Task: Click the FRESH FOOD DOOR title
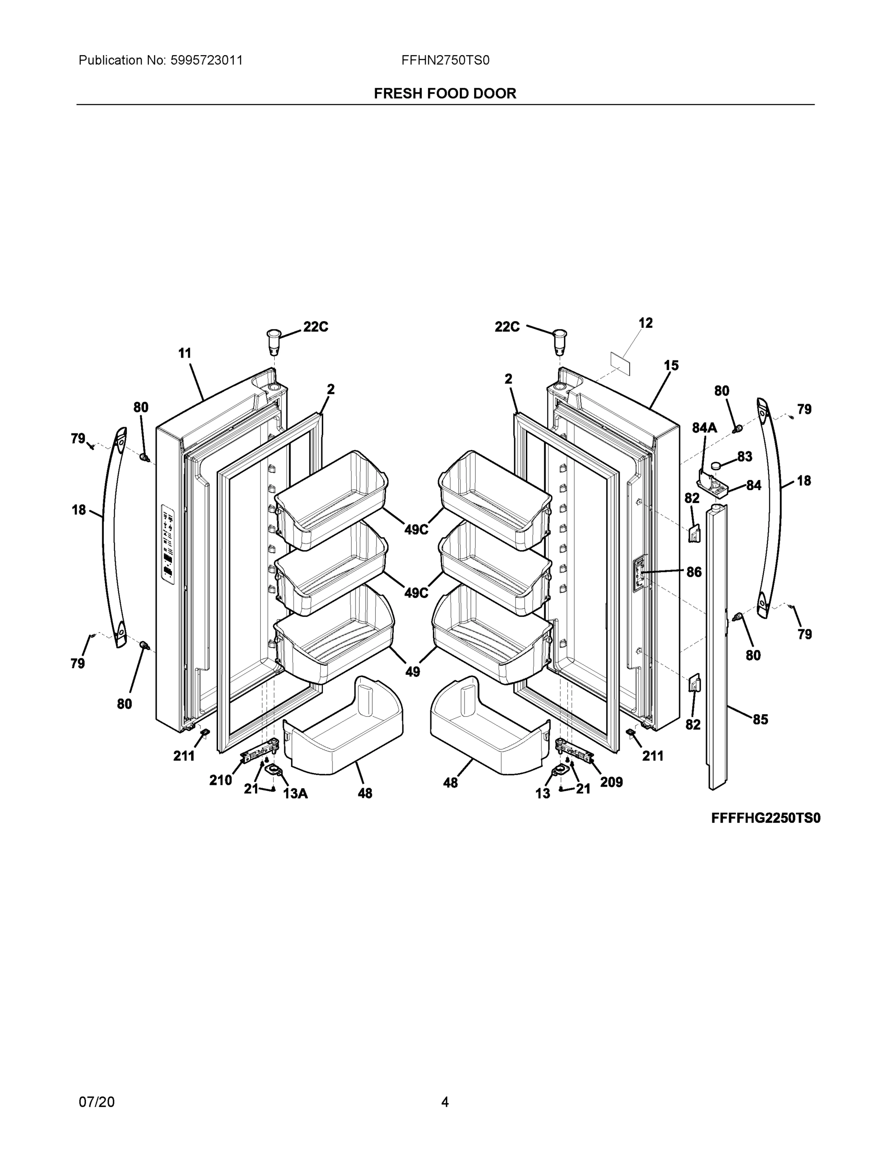[445, 94]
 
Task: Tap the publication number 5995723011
[207, 60]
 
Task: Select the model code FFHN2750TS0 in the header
[445, 60]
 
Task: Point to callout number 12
[645, 323]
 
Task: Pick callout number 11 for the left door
[185, 353]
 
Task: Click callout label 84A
[704, 428]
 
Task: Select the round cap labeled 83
[717, 466]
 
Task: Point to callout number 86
[694, 572]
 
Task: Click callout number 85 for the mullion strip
[760, 720]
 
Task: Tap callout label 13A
[295, 793]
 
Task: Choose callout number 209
[611, 782]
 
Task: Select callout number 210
[220, 780]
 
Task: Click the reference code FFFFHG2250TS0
[765, 818]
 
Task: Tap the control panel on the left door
[168, 544]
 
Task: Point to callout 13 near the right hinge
[543, 793]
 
